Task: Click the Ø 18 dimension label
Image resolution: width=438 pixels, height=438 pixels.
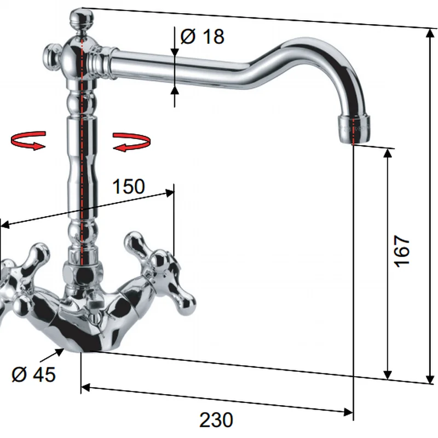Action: pyautogui.click(x=202, y=36)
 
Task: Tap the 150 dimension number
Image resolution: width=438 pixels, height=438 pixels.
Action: pyautogui.click(x=129, y=186)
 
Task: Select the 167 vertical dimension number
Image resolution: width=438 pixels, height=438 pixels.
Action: pyautogui.click(x=402, y=251)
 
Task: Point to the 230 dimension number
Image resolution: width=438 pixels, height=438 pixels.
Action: pyautogui.click(x=216, y=419)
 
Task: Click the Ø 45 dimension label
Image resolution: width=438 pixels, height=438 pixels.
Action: pyautogui.click(x=33, y=374)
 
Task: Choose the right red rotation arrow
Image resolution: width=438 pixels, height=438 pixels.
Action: pyautogui.click(x=131, y=142)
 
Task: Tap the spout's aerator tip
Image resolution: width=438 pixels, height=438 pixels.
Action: pyautogui.click(x=354, y=129)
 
